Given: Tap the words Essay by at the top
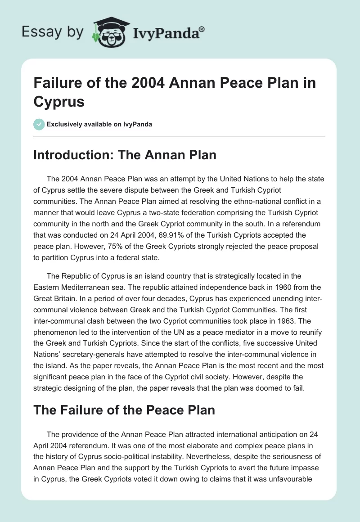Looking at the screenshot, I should coord(52,31).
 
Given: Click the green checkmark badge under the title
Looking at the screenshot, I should coord(39,124).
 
